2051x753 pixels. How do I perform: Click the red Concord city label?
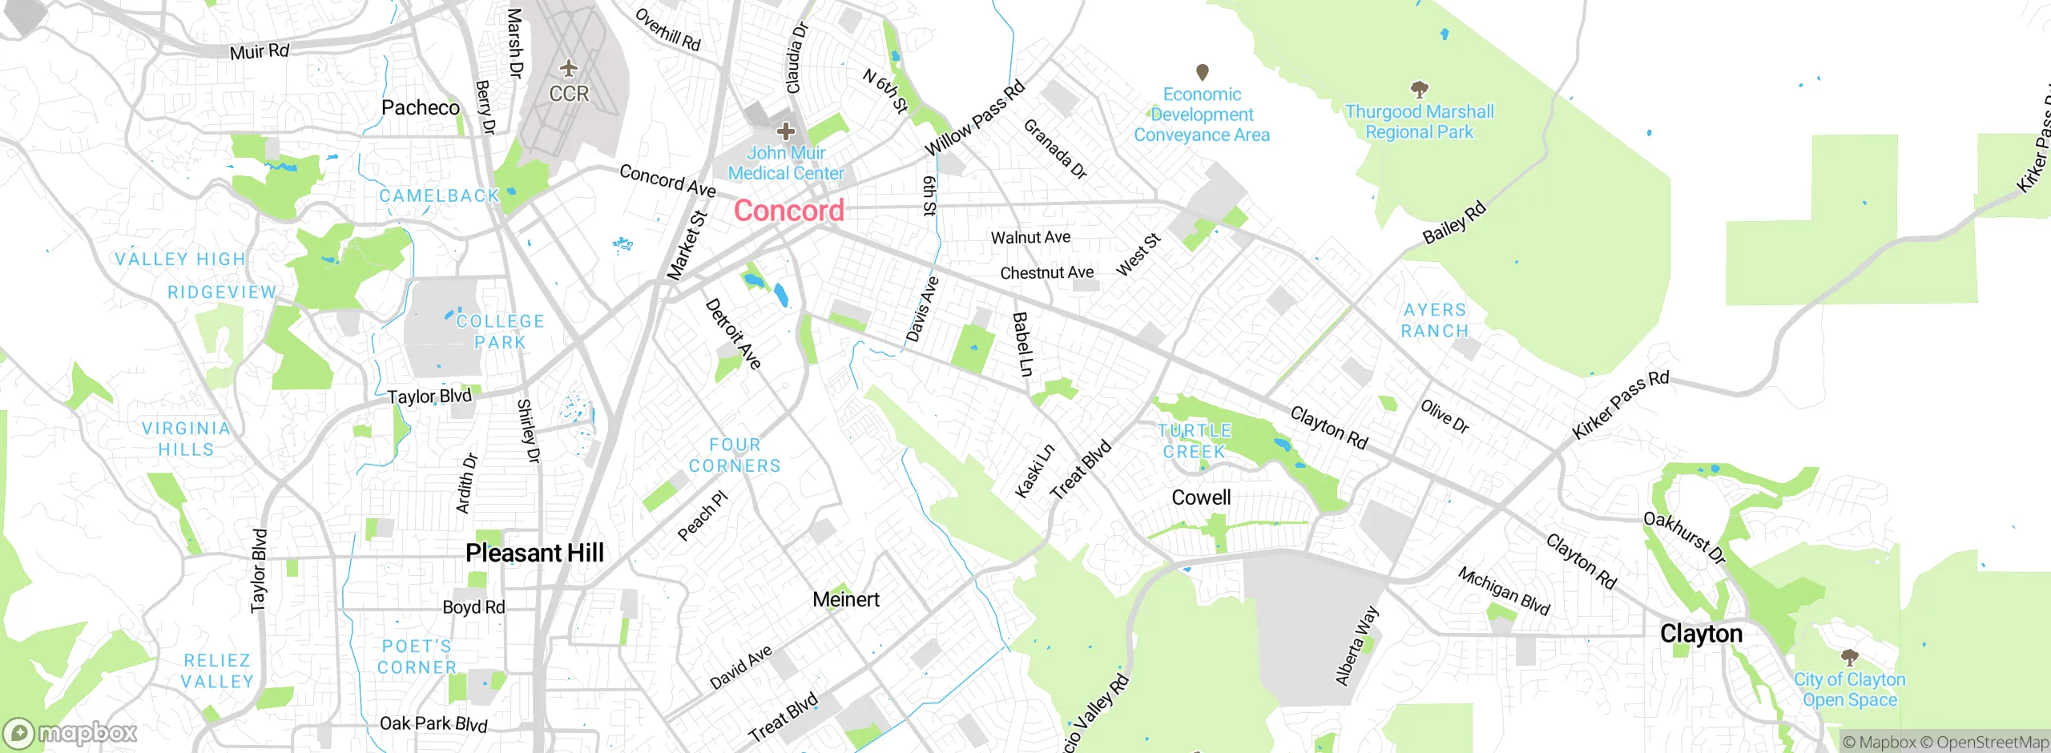(789, 211)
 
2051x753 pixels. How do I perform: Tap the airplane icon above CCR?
(569, 68)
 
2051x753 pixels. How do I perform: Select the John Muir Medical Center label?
(786, 163)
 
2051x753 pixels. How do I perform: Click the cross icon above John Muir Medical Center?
(786, 131)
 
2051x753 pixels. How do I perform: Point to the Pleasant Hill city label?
(534, 553)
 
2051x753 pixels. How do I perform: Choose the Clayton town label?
(1701, 634)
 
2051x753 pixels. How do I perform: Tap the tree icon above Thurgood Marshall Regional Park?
(1419, 88)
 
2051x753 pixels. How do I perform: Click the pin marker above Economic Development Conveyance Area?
(1202, 72)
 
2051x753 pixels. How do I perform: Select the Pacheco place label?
(421, 107)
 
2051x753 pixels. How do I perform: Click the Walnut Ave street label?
(1030, 237)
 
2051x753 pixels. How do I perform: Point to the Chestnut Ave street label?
(1046, 273)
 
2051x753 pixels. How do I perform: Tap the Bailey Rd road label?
(1453, 223)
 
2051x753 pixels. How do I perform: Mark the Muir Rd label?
(259, 51)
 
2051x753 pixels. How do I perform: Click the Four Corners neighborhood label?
(735, 455)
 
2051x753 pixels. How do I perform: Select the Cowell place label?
(1201, 497)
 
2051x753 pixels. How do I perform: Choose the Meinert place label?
(845, 599)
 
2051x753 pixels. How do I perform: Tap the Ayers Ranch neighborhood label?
(1435, 320)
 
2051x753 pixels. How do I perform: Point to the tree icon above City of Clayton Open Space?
(1849, 658)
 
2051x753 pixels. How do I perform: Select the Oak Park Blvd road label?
(433, 723)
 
